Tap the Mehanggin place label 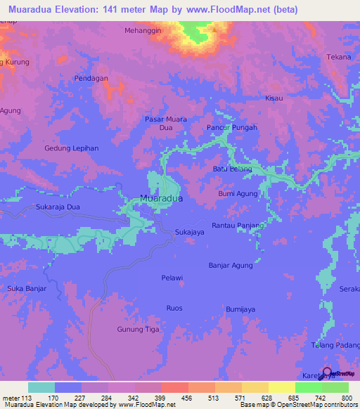143,31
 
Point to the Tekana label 338,57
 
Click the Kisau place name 274,98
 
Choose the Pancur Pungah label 232,127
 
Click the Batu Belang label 231,169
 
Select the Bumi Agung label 238,193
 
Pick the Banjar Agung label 231,265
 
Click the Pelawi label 172,278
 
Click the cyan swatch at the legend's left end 41,387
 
